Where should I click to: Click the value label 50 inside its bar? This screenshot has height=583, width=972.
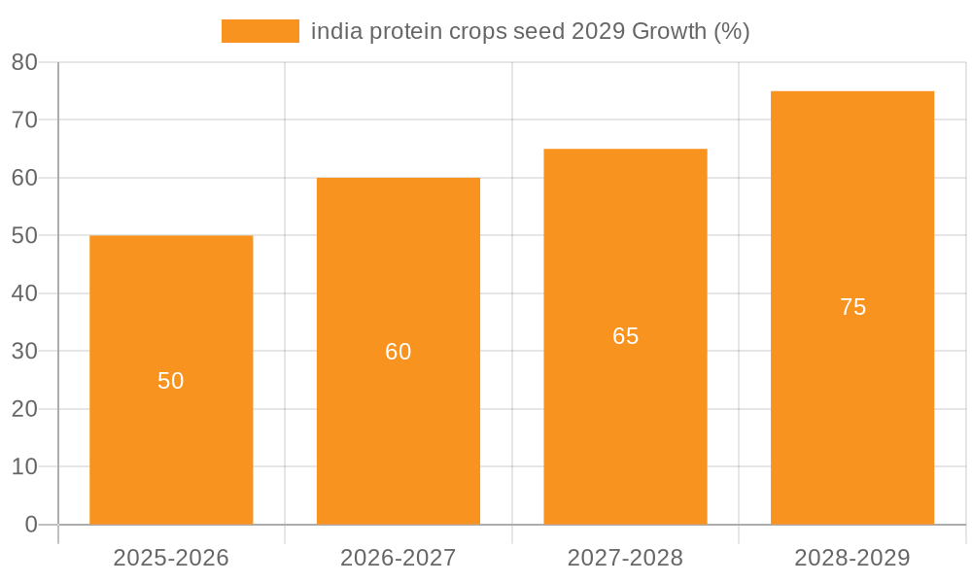coord(171,381)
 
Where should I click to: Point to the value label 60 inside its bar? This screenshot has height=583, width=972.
coord(399,352)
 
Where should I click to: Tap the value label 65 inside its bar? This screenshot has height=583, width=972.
coord(625,336)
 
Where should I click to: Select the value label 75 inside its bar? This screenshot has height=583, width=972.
coord(852,307)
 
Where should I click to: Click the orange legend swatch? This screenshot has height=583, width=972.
coord(260,31)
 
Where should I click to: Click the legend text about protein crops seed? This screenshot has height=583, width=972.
coord(530,31)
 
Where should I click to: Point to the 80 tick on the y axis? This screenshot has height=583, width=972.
coord(24,62)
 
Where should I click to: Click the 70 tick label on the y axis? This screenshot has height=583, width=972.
coord(24,120)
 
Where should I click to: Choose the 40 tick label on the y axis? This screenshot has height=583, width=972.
coord(24,293)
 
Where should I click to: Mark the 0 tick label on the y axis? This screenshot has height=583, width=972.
coord(30,525)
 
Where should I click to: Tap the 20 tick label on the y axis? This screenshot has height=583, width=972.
coord(24,409)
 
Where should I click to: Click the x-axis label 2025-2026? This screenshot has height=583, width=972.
coord(171,558)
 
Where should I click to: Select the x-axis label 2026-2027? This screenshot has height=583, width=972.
coord(399,558)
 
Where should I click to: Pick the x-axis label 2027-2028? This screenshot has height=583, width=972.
coord(625,558)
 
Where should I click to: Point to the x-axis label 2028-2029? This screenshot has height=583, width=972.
coord(852,558)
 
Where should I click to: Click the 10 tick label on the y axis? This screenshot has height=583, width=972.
coord(24,466)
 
